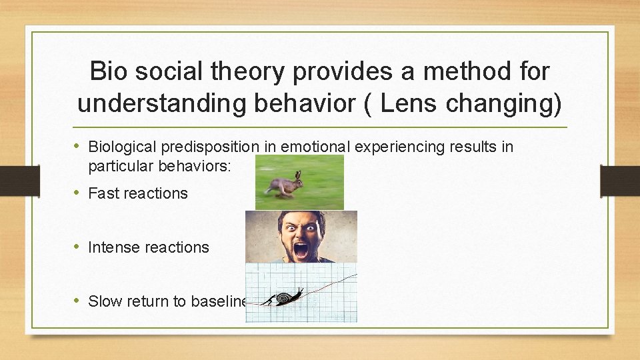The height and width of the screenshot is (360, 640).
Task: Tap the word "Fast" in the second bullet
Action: pyautogui.click(x=104, y=193)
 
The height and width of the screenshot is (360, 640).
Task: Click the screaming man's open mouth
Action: pyautogui.click(x=301, y=251)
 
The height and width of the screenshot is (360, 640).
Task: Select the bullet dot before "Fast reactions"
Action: pyautogui.click(x=77, y=193)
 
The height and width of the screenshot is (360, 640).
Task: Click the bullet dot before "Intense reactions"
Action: pyautogui.click(x=77, y=247)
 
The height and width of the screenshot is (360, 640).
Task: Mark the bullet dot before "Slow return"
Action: pyautogui.click(x=77, y=301)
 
